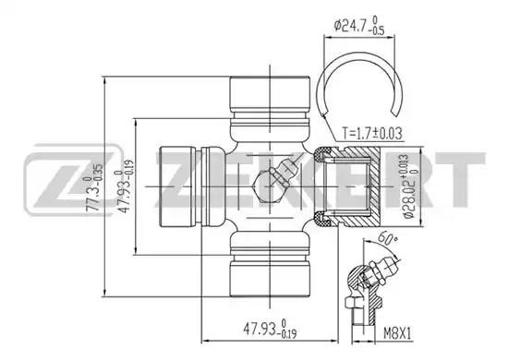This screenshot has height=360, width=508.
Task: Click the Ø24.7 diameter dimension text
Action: pyautogui.click(x=359, y=25)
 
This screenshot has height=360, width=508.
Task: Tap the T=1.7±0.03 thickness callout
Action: pyautogui.click(x=372, y=133)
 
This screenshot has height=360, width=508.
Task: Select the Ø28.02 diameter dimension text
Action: pyautogui.click(x=410, y=186)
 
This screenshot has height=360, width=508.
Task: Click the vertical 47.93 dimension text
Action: pyautogui.click(x=126, y=186)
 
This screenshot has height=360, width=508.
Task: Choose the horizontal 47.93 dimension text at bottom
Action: pyautogui.click(x=270, y=330)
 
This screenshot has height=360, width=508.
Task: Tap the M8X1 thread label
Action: pyautogui.click(x=397, y=333)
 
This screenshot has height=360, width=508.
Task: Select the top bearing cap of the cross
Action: pyautogui.click(x=270, y=94)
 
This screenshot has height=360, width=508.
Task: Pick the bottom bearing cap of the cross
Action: pyautogui.click(x=270, y=279)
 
